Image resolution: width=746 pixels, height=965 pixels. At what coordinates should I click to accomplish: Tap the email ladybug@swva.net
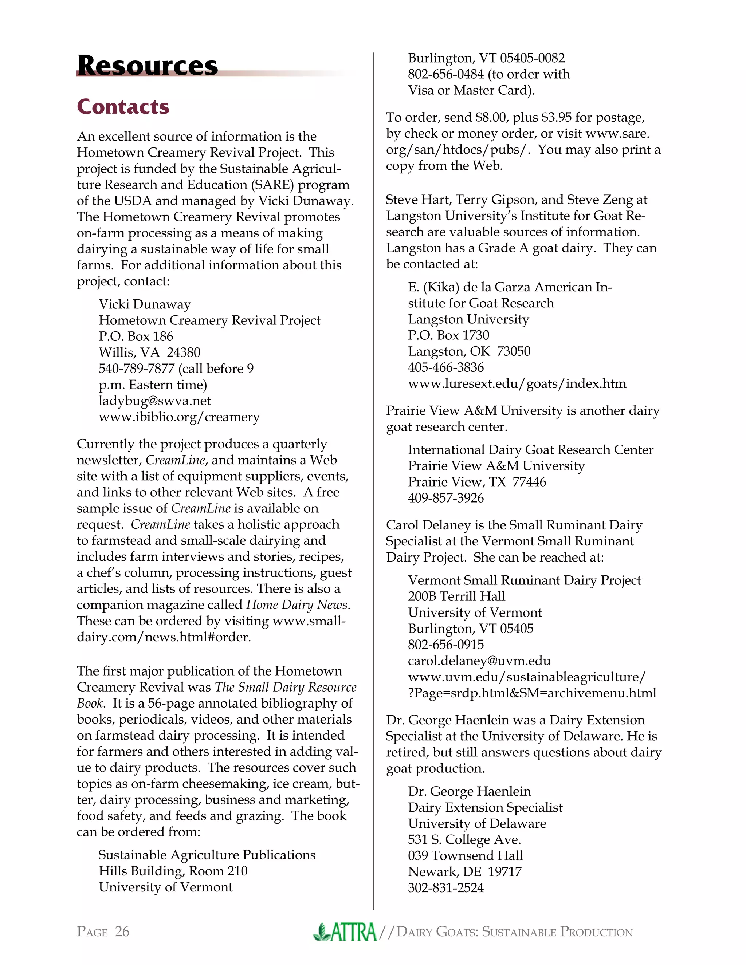[x=155, y=401]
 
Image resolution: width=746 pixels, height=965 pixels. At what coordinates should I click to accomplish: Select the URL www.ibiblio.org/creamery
[x=179, y=417]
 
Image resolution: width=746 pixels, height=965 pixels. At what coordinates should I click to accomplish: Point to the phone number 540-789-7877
[x=137, y=369]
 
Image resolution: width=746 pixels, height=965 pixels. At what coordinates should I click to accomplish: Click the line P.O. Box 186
[x=136, y=336]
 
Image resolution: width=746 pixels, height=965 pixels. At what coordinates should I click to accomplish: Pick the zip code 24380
[x=184, y=352]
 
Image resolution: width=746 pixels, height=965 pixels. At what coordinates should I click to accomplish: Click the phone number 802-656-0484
[x=445, y=74]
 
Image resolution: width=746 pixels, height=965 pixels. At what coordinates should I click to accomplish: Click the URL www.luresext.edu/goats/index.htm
[x=517, y=383]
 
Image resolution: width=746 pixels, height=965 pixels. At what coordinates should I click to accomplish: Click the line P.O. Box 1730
[x=448, y=335]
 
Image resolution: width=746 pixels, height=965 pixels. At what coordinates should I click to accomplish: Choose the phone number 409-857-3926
[x=445, y=498]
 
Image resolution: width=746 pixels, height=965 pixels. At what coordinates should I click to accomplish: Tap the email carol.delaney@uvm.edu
[x=479, y=661]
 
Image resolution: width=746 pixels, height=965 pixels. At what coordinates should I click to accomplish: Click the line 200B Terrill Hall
[x=456, y=596]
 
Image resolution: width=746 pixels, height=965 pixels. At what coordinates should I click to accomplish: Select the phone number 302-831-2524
[x=445, y=888]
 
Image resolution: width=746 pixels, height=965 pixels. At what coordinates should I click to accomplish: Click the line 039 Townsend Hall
[x=465, y=856]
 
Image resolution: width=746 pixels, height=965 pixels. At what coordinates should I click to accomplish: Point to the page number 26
[x=122, y=932]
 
